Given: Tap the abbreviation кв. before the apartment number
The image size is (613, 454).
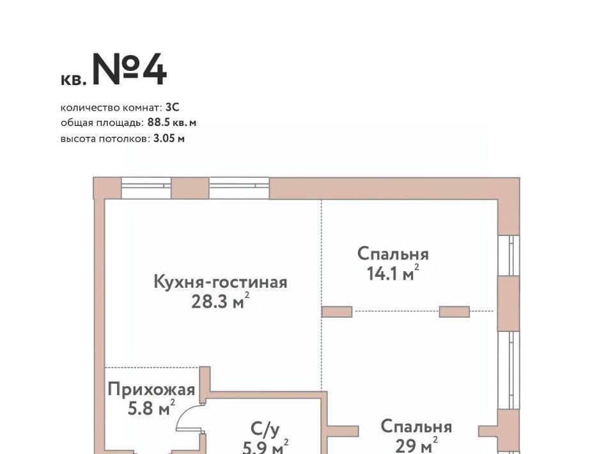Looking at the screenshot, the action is pyautogui.click(x=74, y=79).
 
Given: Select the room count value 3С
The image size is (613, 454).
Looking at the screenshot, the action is pyautogui.click(x=173, y=107).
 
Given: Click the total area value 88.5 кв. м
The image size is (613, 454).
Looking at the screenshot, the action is pyautogui.click(x=172, y=123).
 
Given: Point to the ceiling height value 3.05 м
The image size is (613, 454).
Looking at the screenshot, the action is pyautogui.click(x=169, y=138).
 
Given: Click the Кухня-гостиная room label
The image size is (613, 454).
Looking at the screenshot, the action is pyautogui.click(x=221, y=282).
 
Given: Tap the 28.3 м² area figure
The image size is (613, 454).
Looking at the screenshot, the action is pyautogui.click(x=220, y=301).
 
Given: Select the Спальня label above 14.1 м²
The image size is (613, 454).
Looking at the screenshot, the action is pyautogui.click(x=393, y=254).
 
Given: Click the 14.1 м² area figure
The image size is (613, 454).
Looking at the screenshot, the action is pyautogui.click(x=393, y=272).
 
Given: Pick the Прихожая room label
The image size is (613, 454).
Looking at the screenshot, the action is pyautogui.click(x=151, y=389).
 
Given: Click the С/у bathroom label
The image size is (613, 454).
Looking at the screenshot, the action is pyautogui.click(x=265, y=429).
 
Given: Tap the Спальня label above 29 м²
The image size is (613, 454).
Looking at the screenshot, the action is pyautogui.click(x=416, y=427).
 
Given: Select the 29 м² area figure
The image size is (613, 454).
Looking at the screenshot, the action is pyautogui.click(x=416, y=445).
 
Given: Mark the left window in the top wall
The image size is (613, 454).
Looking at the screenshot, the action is pyautogui.click(x=146, y=188).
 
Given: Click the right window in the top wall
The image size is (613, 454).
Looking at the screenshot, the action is pyautogui.click(x=239, y=188).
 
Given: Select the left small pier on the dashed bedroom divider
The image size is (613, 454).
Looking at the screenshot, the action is pyautogui.click(x=337, y=311).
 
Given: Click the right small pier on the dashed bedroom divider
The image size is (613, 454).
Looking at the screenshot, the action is pyautogui.click(x=454, y=311).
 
